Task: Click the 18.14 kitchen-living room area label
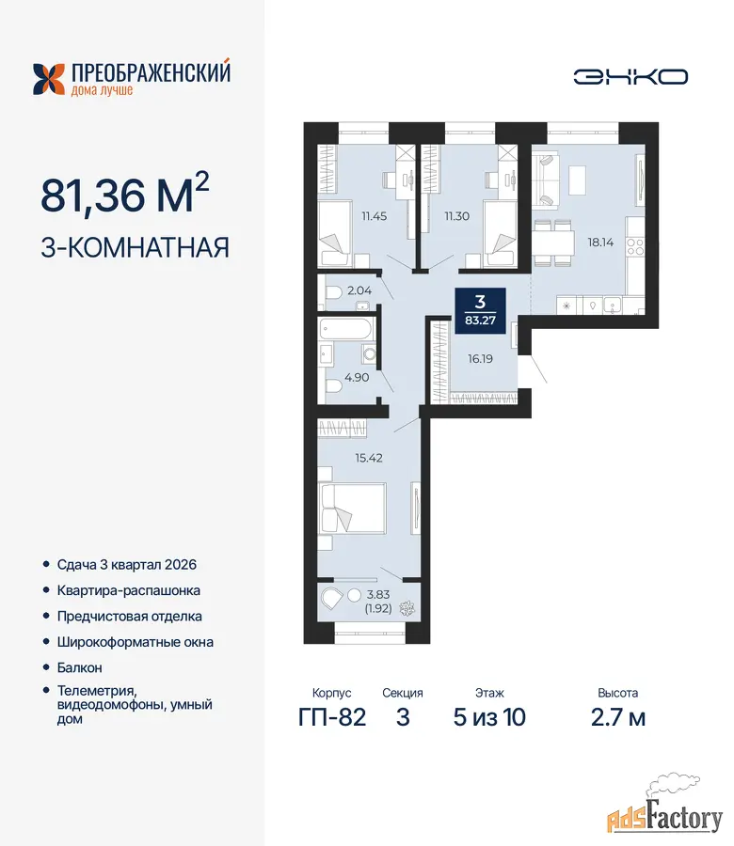tap(600, 243)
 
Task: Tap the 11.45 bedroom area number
tap(375, 216)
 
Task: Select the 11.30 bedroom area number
tap(457, 216)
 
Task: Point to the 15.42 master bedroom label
tap(369, 458)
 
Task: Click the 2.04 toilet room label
tap(359, 290)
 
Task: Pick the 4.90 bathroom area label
tap(357, 378)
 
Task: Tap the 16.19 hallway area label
tap(480, 359)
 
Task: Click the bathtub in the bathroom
tap(345, 329)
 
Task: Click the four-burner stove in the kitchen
tap(635, 247)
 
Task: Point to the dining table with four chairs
tap(553, 243)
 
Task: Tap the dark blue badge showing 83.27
tap(480, 311)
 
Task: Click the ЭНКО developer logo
tap(630, 77)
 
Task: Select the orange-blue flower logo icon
tap(48, 79)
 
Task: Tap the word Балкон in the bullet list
tap(79, 668)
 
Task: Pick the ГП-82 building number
tap(332, 717)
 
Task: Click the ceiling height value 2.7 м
tap(618, 717)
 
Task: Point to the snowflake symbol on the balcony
tap(407, 608)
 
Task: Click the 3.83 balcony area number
tap(378, 595)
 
